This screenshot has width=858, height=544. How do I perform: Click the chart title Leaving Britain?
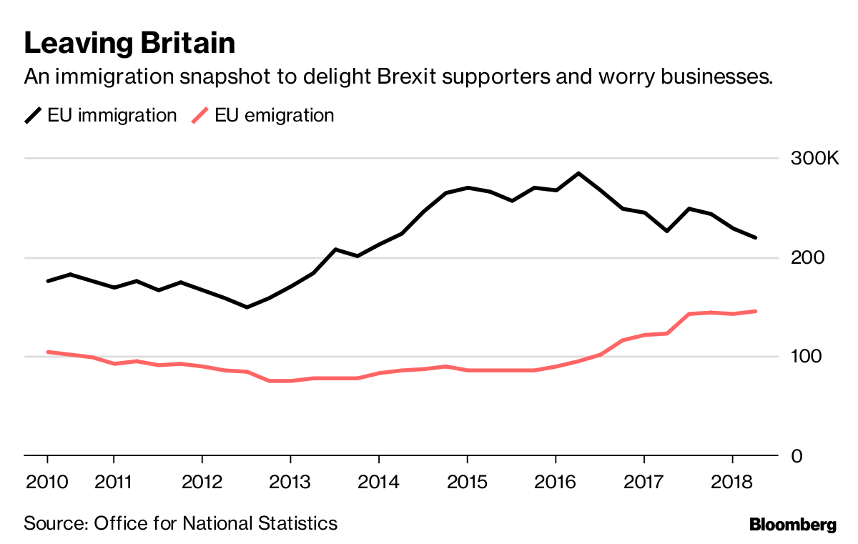pos(129,44)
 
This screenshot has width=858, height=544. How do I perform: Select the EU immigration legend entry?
pos(101,115)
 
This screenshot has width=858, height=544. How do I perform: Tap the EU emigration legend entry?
pos(264,115)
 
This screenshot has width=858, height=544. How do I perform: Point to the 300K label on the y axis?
pos(814,158)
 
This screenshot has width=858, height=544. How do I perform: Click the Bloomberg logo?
pos(792,525)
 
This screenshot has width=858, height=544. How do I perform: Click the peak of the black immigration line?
pos(578,173)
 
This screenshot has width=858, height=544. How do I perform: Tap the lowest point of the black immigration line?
pos(247,307)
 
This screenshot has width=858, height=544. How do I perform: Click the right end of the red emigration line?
pos(756,311)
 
